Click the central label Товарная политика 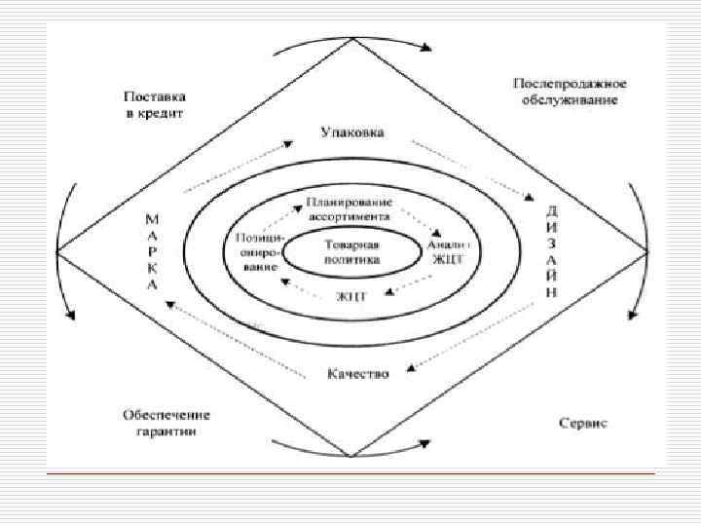coord(352,253)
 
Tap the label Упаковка coord(351,131)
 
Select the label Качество coord(357,373)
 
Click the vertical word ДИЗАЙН coord(551,250)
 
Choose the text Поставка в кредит coord(154,105)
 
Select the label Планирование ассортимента coord(348,208)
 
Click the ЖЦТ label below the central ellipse coord(351,295)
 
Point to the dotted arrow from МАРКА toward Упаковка coord(238,167)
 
